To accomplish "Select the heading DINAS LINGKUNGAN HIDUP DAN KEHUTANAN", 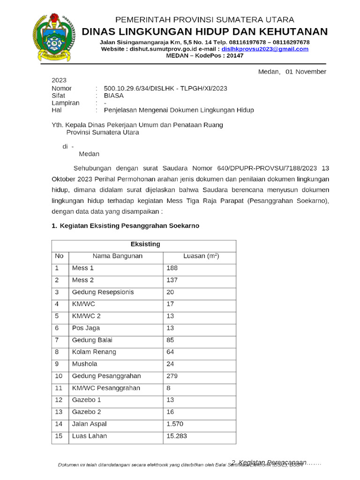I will (205, 32).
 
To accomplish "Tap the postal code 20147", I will (235, 55).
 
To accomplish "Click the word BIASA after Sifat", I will (114, 95).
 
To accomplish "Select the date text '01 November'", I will (306, 72).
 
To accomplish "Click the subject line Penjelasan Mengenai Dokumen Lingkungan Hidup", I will (179, 110).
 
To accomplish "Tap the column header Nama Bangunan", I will (117, 256).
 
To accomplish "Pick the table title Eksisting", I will (145, 244).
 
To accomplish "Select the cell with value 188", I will (172, 269).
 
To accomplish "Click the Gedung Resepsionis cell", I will (103, 292).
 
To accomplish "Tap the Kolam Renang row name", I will (94, 352).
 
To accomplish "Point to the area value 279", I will (172, 376).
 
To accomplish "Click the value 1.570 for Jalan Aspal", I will (175, 424).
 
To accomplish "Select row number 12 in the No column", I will (59, 400).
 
